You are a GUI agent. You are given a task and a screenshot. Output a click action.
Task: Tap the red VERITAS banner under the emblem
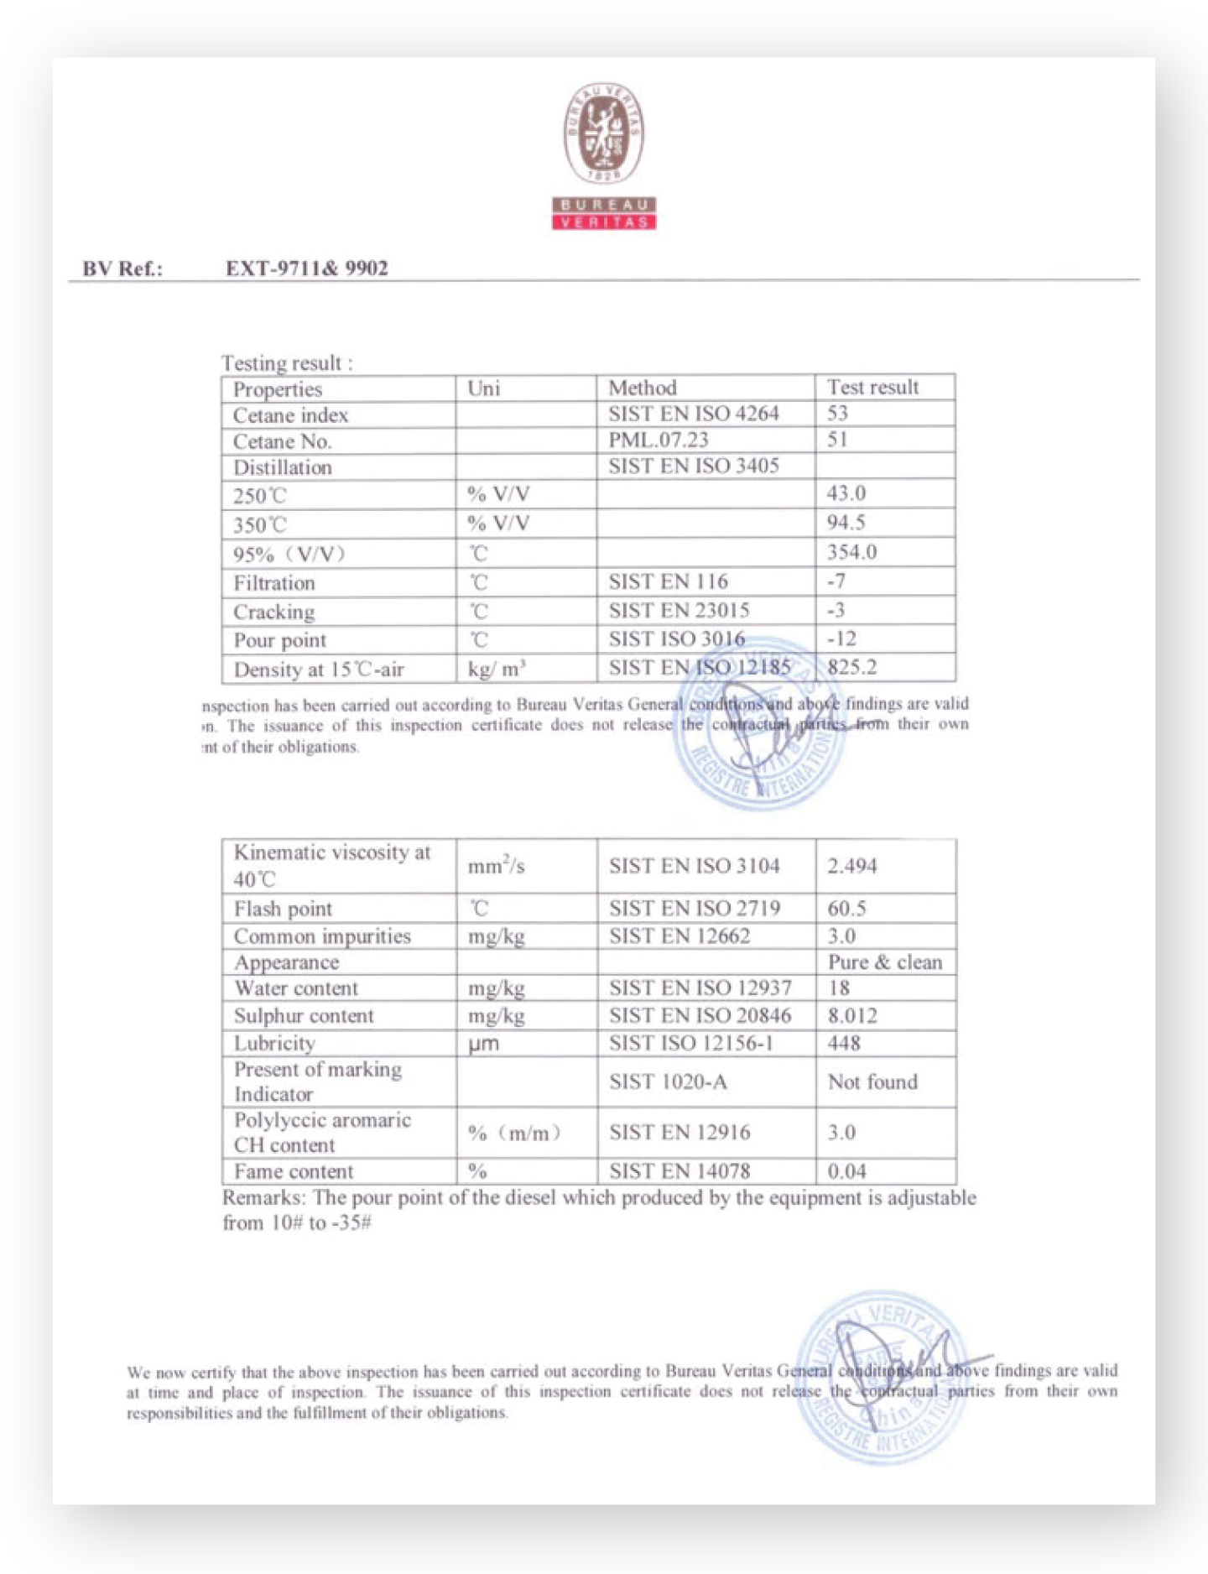click(x=604, y=222)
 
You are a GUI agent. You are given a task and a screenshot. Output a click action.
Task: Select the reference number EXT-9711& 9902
click(x=306, y=268)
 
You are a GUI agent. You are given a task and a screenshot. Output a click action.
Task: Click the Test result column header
click(x=872, y=387)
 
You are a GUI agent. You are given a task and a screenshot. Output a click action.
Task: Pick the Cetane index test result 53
click(x=837, y=413)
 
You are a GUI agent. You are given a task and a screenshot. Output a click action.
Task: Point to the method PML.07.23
click(x=659, y=440)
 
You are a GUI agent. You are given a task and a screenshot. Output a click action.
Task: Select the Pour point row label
click(x=279, y=640)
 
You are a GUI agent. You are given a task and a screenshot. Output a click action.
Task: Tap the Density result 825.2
click(x=851, y=667)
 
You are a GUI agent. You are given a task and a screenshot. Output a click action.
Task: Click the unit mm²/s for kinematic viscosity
click(x=497, y=865)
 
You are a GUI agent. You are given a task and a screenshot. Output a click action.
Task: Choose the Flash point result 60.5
click(x=846, y=908)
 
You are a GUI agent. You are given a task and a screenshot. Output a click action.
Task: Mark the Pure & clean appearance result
click(x=885, y=962)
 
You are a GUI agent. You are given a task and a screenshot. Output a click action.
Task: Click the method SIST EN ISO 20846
click(x=700, y=1015)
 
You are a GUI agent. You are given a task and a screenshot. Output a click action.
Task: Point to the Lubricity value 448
click(x=844, y=1043)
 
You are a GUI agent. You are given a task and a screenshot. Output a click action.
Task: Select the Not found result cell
click(x=872, y=1081)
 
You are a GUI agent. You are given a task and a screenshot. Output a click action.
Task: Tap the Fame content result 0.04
click(x=846, y=1170)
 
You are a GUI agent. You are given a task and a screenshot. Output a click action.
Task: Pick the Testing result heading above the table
click(x=286, y=363)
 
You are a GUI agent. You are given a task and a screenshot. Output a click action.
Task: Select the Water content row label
click(x=295, y=988)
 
